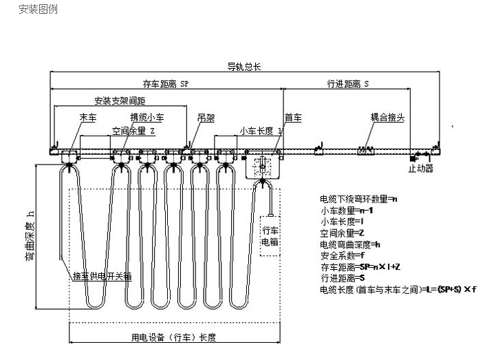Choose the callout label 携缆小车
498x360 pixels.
click(x=147, y=118)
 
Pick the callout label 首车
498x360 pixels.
click(x=293, y=118)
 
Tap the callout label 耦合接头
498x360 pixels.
click(x=387, y=118)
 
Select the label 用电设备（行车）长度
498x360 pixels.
click(x=174, y=337)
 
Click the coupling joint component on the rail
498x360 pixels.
click(x=364, y=149)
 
